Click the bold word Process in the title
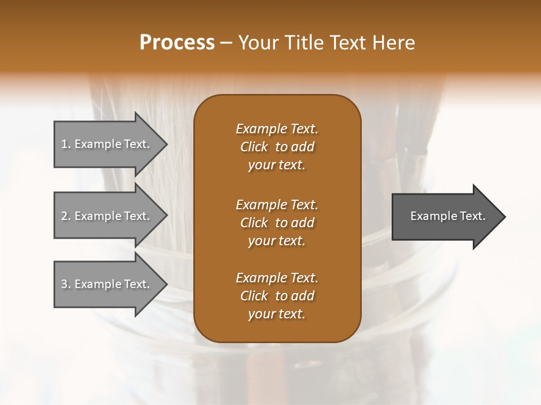(177, 43)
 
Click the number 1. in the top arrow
(66, 144)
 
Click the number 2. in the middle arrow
(66, 216)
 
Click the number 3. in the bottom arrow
(66, 284)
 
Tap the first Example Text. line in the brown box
(277, 129)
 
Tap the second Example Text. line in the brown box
(277, 204)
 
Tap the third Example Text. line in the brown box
(277, 277)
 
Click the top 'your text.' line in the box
(276, 165)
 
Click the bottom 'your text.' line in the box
(276, 314)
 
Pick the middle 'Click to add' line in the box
(277, 223)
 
